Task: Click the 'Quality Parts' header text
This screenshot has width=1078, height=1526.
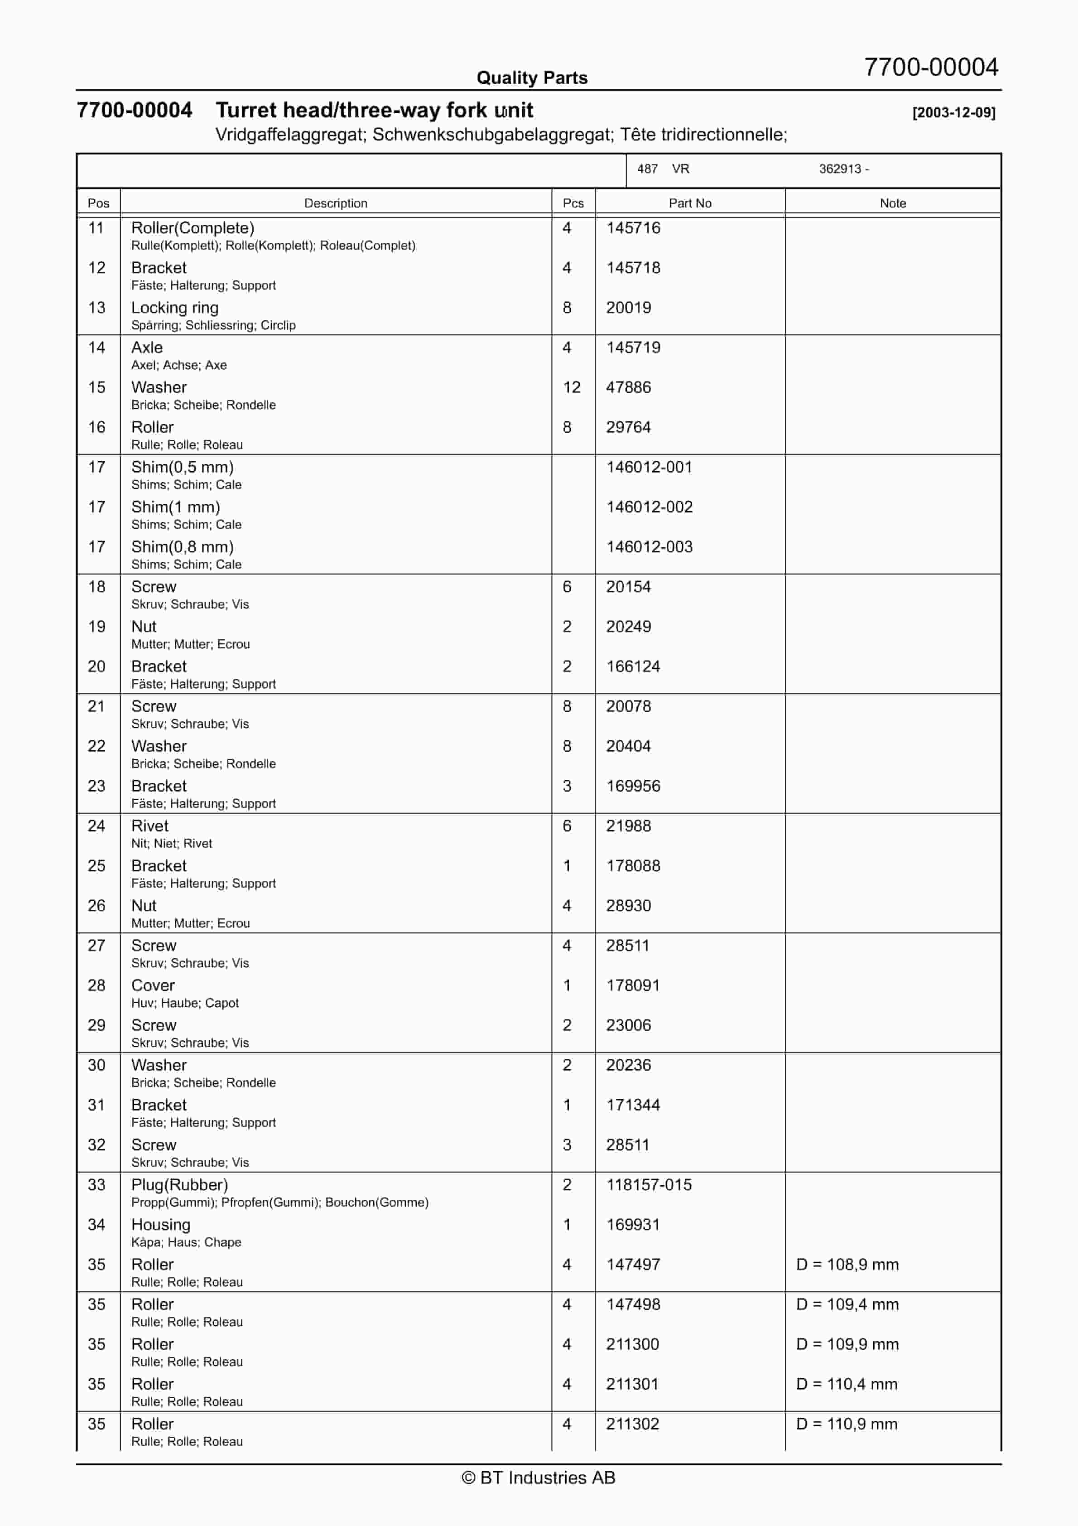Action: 532,78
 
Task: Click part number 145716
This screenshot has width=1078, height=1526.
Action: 633,228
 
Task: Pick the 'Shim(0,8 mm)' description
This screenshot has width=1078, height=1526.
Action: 182,547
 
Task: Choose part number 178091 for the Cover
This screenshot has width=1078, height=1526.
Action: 633,985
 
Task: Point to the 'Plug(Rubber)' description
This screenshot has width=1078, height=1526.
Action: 179,1185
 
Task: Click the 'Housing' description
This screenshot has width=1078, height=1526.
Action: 161,1225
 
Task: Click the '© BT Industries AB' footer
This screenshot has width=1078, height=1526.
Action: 539,1478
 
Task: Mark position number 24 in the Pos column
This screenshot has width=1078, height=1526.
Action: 96,826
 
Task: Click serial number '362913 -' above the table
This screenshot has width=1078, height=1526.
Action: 843,169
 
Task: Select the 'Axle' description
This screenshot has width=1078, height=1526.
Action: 147,348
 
